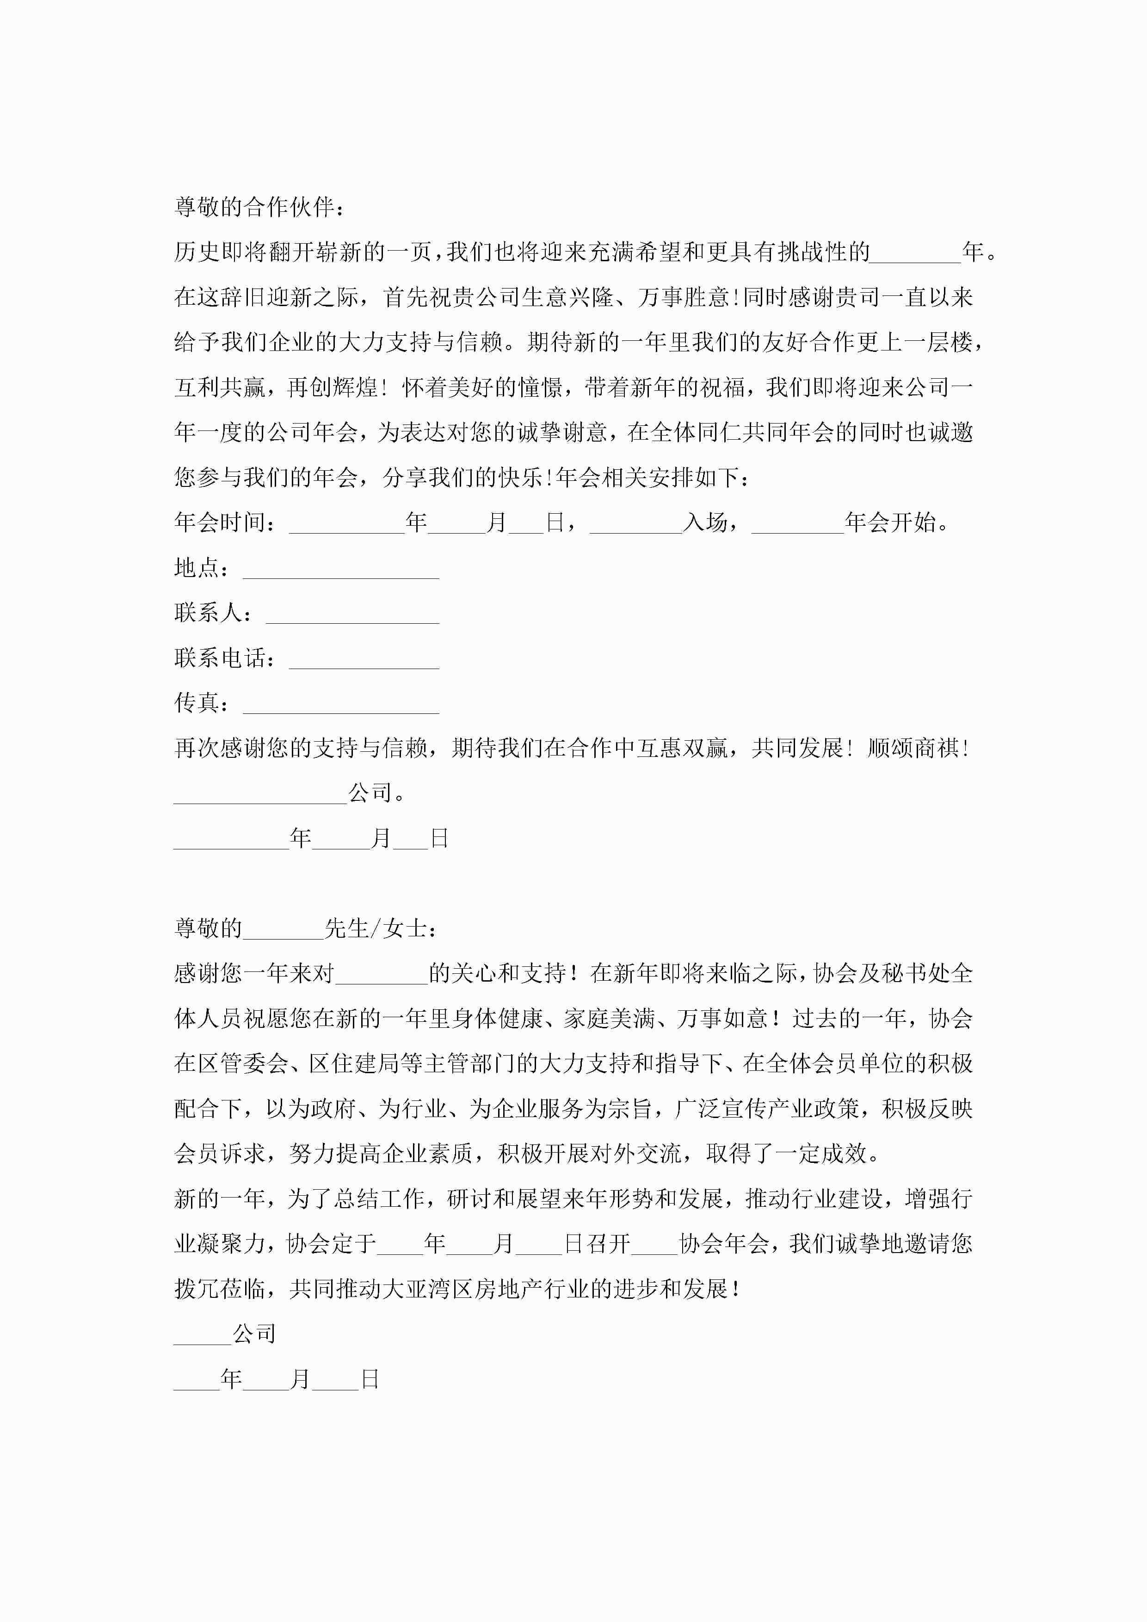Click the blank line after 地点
point(341,569)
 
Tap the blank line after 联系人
point(352,614)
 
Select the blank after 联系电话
point(364,659)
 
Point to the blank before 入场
point(635,523)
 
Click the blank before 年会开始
point(797,523)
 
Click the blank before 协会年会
point(654,1245)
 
